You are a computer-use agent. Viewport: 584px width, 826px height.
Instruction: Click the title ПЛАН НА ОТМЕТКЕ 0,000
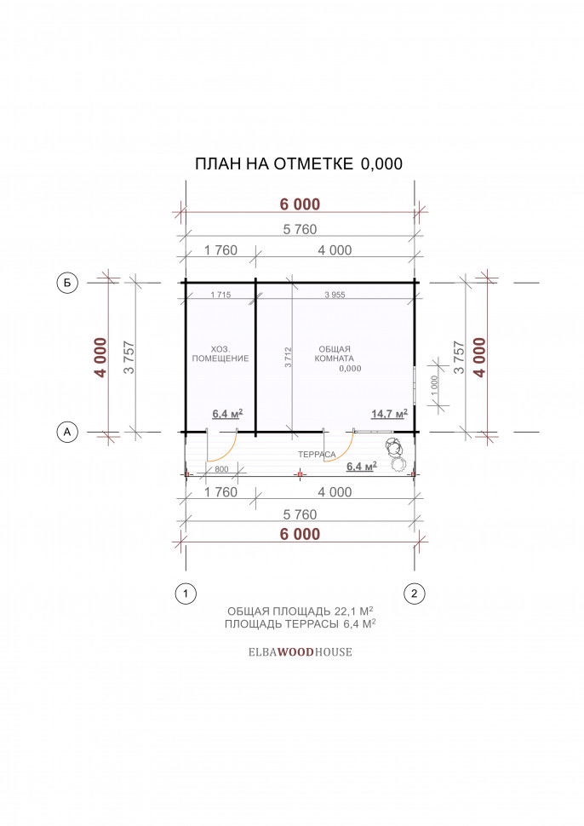(299, 163)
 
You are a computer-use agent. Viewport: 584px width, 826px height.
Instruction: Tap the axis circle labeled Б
(67, 283)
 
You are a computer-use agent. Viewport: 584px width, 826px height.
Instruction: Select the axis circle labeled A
(67, 432)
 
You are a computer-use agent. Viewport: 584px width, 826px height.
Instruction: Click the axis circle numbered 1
(186, 594)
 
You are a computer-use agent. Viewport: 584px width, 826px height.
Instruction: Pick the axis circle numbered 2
(414, 594)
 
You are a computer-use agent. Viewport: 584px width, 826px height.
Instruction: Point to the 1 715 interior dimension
(220, 295)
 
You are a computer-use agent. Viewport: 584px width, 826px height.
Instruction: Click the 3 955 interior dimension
(335, 295)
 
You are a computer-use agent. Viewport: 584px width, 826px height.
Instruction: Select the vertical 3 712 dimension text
(288, 357)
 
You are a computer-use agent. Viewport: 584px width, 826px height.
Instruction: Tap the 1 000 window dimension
(434, 386)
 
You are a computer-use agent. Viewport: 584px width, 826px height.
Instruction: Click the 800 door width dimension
(221, 469)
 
